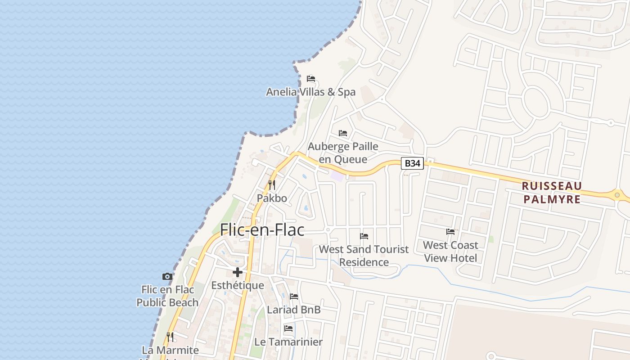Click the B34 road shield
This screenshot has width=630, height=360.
tap(412, 163)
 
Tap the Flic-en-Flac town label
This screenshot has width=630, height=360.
tap(262, 230)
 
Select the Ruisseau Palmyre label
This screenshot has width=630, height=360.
tap(552, 193)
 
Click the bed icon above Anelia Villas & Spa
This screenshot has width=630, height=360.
tap(310, 79)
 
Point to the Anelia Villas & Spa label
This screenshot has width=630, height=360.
tap(310, 92)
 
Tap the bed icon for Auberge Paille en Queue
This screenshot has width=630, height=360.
tap(343, 133)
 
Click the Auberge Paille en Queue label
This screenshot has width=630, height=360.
tap(343, 153)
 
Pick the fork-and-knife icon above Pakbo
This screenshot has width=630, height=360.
tap(271, 185)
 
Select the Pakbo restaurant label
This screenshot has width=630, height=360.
tap(272, 198)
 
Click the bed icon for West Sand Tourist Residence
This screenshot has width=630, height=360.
tap(364, 236)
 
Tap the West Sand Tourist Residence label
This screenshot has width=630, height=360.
tap(364, 256)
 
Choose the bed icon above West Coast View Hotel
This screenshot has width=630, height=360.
tap(450, 232)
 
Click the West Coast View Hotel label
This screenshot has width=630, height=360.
tap(450, 252)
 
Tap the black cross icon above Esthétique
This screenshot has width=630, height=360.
tap(238, 272)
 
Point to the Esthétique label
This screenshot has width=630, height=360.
tap(238, 285)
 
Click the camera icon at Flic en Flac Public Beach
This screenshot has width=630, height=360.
tap(167, 276)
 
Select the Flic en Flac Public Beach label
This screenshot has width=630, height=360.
tap(167, 296)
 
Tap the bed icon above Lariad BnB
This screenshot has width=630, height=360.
tap(294, 297)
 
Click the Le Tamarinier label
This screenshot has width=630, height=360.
tap(288, 342)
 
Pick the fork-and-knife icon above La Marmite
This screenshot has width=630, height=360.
tap(170, 337)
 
